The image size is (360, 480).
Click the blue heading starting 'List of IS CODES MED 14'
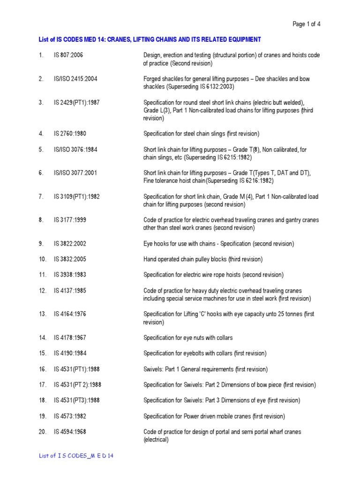point(150,39)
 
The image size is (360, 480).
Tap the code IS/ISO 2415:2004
point(75,79)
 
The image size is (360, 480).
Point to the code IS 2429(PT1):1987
point(76,102)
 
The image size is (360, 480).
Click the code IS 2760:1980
point(69,134)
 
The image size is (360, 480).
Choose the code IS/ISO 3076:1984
point(75,150)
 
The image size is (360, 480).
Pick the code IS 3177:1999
point(69,220)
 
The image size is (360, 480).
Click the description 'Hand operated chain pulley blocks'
point(202,259)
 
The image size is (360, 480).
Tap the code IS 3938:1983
point(69,275)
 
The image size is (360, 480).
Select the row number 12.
point(43,291)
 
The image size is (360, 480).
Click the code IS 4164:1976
point(69,314)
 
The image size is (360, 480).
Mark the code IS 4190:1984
point(69,353)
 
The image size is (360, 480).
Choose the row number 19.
point(43,416)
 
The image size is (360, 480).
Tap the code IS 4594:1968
point(69,432)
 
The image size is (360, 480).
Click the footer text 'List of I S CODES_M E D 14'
point(76,456)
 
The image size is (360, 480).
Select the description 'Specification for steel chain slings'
point(201,134)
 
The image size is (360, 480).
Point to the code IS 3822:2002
point(69,244)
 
